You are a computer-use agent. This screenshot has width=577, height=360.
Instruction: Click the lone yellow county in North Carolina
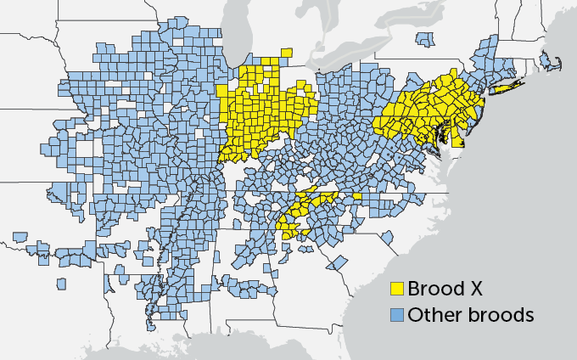pos(357,196)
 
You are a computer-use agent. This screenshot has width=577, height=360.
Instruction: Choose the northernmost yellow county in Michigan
pos(288,53)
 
